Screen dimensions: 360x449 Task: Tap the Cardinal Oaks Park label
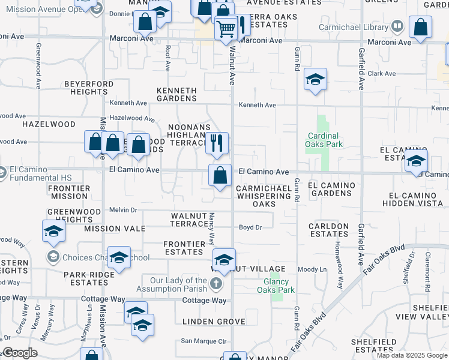(x=324, y=140)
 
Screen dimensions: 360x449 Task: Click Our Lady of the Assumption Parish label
(x=178, y=284)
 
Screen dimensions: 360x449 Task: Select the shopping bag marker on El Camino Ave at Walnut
(x=220, y=175)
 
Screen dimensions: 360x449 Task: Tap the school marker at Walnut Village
(x=224, y=259)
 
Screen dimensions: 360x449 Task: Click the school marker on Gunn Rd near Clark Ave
(x=315, y=79)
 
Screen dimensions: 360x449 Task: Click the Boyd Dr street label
(x=250, y=227)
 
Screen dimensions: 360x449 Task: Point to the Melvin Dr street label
(x=123, y=210)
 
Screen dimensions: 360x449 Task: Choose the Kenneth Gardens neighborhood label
(x=176, y=95)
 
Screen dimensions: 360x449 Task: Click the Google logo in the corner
(x=20, y=353)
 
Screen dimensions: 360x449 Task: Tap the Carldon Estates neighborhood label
(x=328, y=230)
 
